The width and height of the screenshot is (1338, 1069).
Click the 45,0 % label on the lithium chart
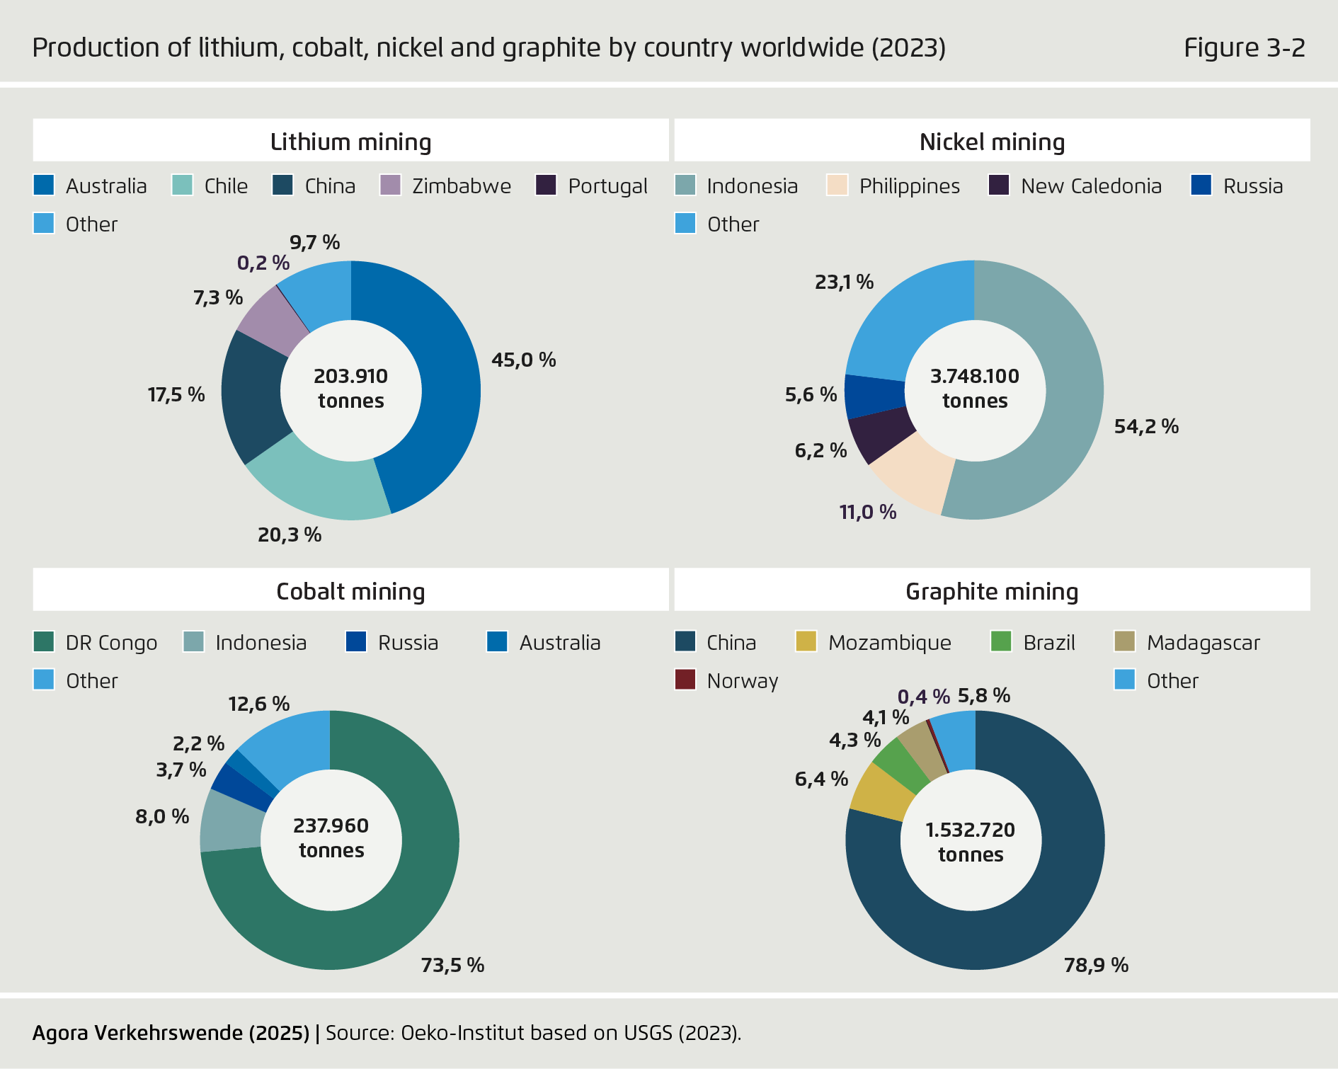coord(523,360)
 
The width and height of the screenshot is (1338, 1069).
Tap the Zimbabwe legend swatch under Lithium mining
coord(390,185)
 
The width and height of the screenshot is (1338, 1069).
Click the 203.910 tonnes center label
coord(350,389)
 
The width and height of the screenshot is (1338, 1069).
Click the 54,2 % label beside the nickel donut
coord(1145,426)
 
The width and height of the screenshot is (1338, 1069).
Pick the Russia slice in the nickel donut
coord(874,395)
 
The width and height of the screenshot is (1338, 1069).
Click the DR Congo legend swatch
coord(44,642)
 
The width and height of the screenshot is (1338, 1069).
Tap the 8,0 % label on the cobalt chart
coord(162,816)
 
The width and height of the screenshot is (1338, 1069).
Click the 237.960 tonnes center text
coord(331,838)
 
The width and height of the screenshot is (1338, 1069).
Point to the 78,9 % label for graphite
coord(1095,965)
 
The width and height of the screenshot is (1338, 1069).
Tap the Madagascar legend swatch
coord(1124,642)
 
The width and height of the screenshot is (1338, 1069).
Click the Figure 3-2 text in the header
coord(1244,47)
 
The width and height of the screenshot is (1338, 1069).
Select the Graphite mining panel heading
coord(991,591)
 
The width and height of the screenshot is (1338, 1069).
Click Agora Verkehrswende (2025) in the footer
coord(171,1033)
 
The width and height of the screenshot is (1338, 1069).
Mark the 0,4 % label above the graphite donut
coord(922,697)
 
